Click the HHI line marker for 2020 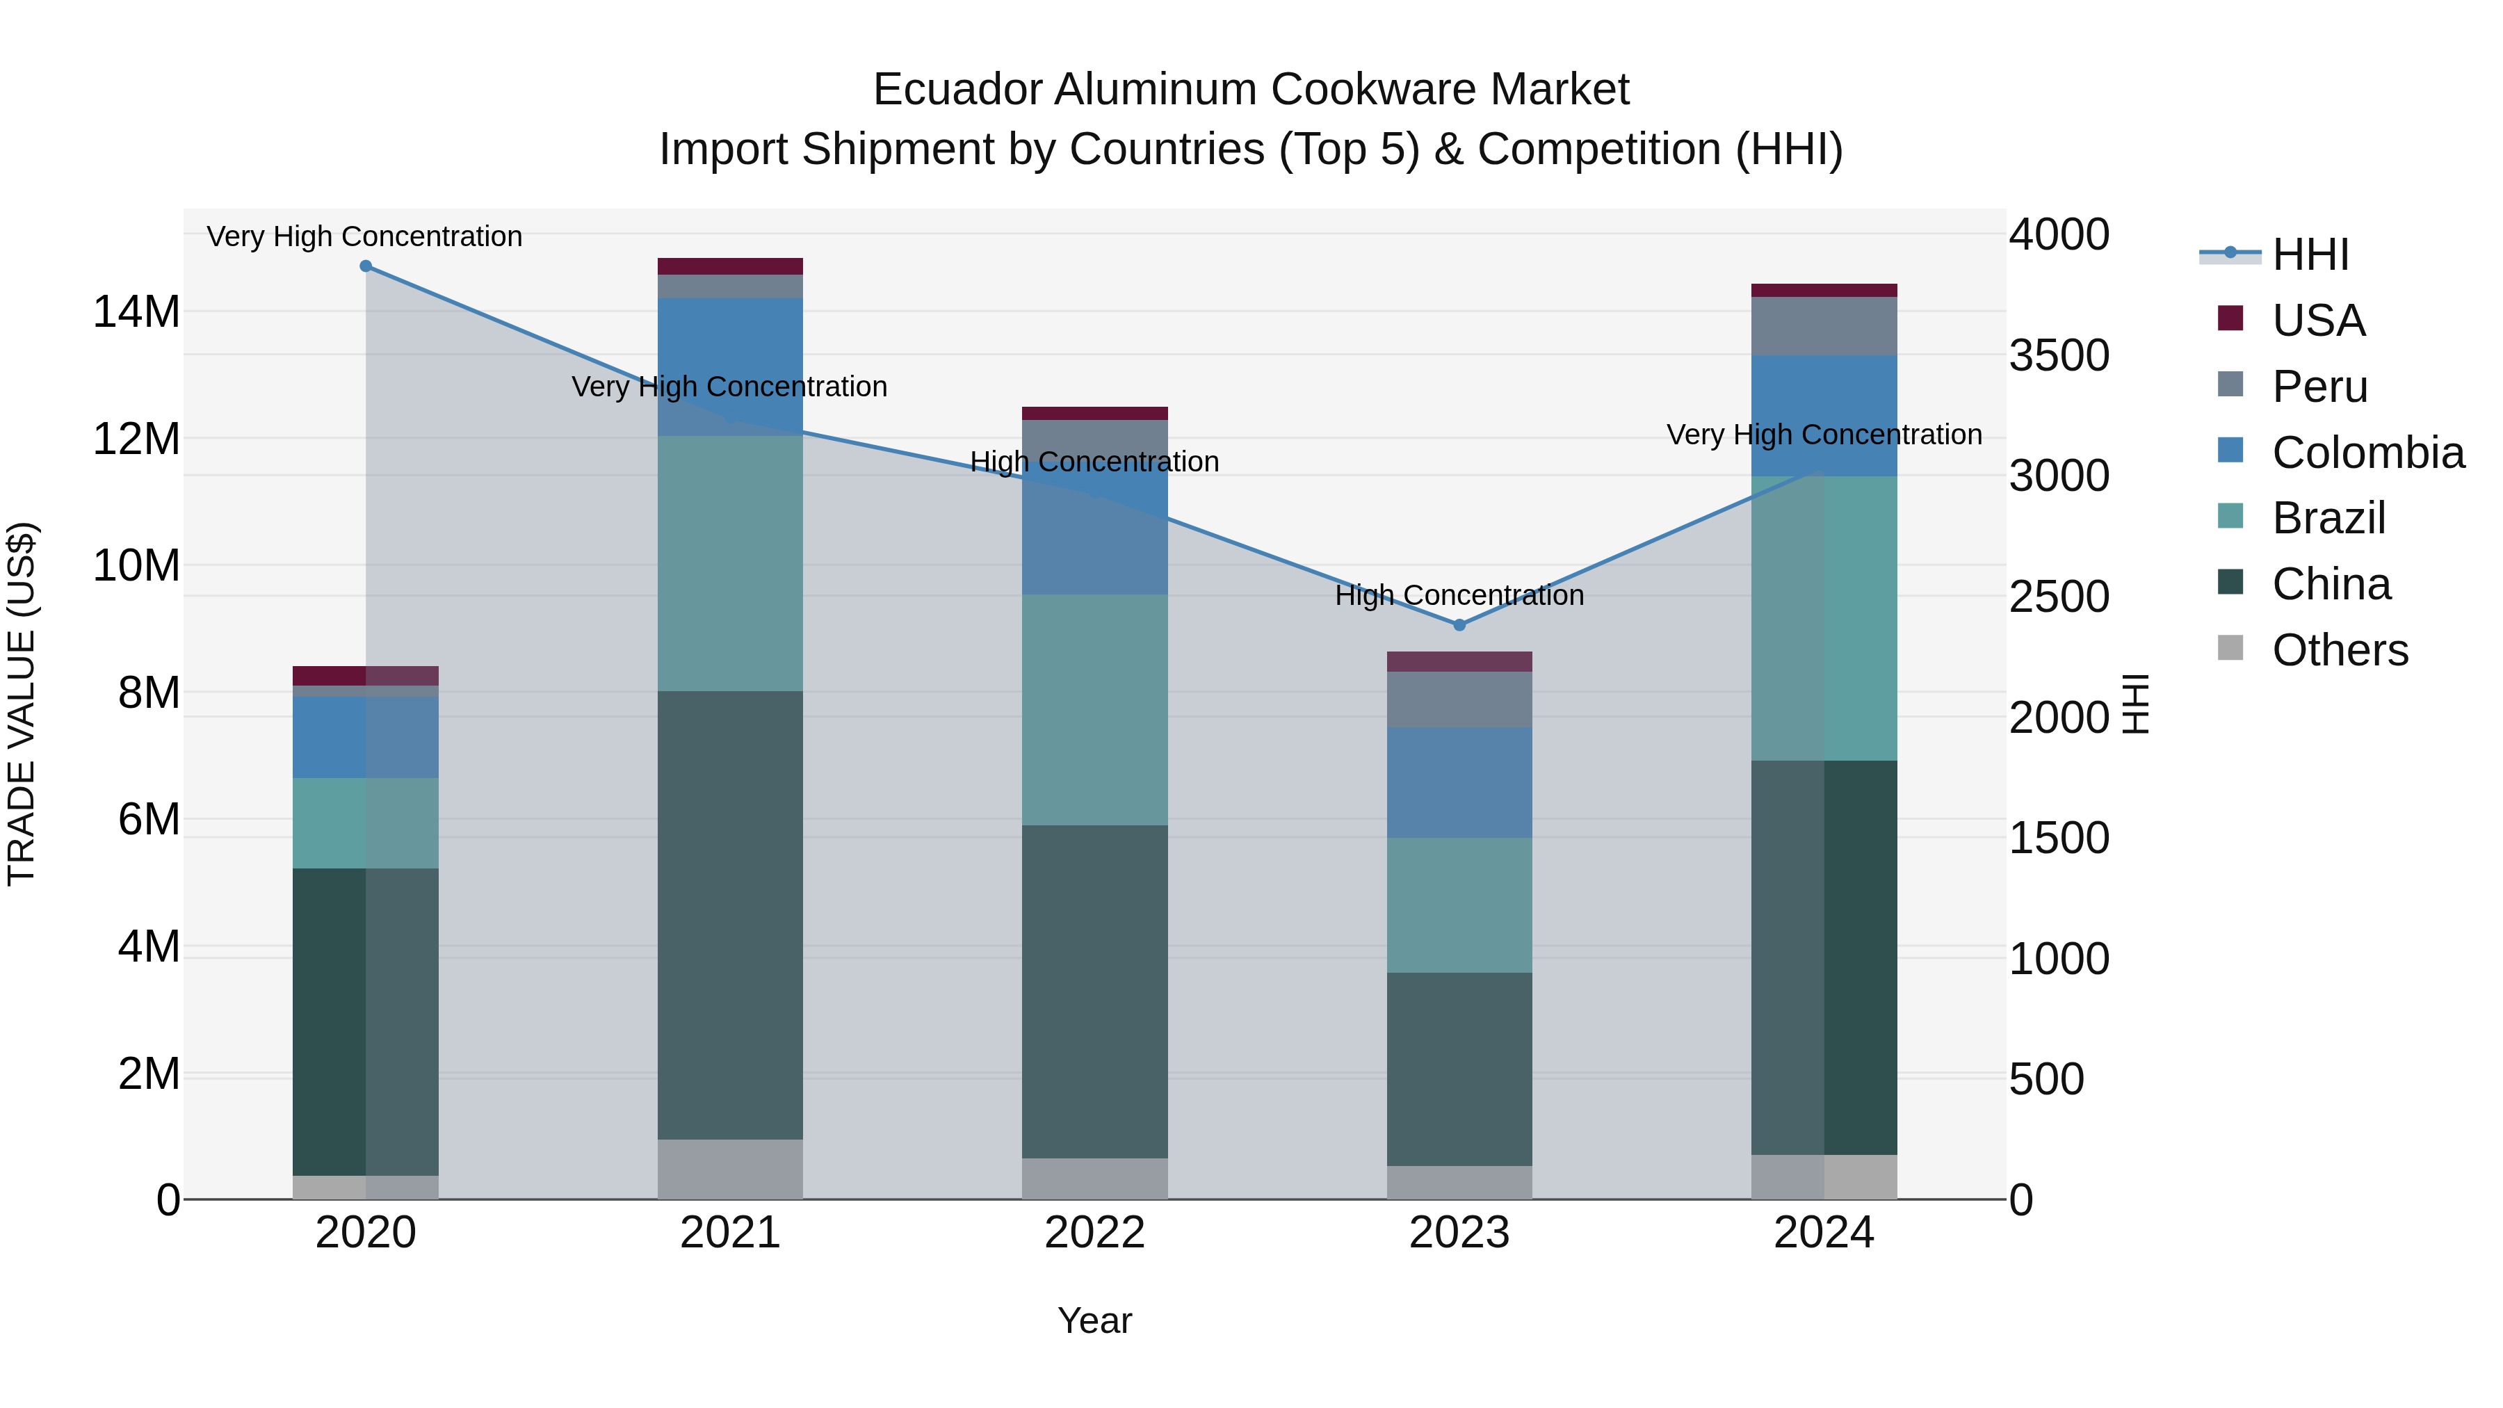365,266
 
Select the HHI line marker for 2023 1459,625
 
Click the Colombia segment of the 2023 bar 1459,782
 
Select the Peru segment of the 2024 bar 1823,327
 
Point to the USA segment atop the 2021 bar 730,266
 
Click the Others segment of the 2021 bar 730,1169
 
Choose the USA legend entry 2317,321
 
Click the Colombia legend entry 2367,453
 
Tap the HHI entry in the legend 2310,254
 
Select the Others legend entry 2339,650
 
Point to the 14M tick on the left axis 136,312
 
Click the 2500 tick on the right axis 2058,597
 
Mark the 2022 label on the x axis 1094,1233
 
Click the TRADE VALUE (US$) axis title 22,704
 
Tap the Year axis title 1094,1320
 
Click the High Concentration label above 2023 1459,594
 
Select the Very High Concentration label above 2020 364,236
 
